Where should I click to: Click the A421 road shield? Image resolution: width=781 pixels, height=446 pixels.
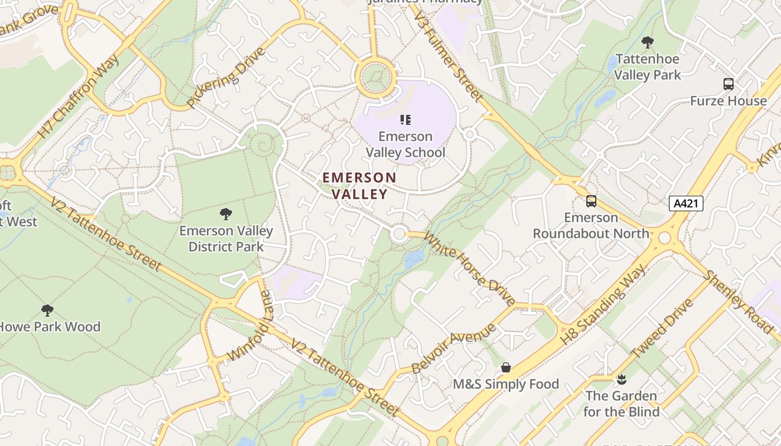pos(686,203)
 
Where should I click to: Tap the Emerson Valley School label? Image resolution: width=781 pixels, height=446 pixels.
pos(406,144)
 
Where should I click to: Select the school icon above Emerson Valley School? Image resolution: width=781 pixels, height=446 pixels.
pos(406,119)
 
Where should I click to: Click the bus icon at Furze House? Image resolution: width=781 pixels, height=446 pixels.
pos(728,84)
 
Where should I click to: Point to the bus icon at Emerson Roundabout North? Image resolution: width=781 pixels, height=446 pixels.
pos(591,201)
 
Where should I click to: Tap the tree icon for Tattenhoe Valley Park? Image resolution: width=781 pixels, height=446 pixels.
pos(647,42)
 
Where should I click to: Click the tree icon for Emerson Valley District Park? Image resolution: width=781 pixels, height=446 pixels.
pos(226,214)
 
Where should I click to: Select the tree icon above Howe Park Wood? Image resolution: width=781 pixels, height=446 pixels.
pos(47,310)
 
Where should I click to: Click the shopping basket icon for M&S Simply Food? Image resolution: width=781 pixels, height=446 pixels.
pos(506,367)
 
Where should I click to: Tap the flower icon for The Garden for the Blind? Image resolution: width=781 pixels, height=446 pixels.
pos(621,380)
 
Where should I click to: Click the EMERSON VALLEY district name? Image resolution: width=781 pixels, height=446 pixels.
pos(360,186)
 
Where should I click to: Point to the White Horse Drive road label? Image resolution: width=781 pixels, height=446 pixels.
pos(470,269)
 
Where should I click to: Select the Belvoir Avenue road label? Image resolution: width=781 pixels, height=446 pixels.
pos(453,348)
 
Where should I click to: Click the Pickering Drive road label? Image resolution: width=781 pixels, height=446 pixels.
pos(225,78)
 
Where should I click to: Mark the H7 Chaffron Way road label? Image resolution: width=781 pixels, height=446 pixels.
pos(79,96)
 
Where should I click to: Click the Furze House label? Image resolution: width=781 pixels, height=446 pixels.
pos(728,101)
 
